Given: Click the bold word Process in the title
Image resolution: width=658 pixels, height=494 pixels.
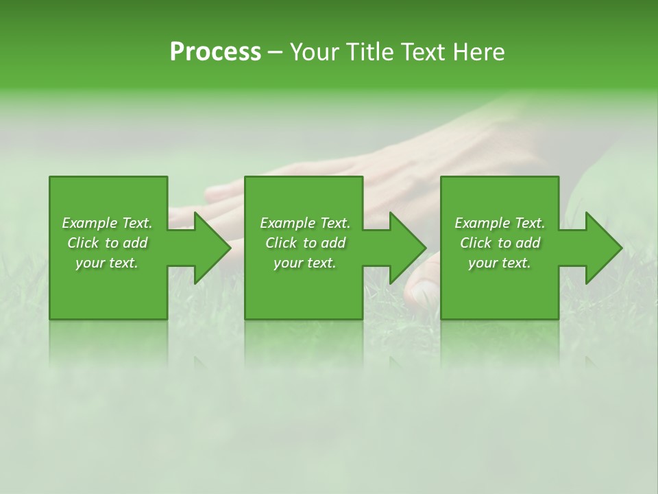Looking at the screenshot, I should coord(215,52).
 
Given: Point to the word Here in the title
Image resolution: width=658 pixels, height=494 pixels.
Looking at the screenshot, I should coord(480,52).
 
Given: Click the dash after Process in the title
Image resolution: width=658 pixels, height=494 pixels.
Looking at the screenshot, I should coord(275,54).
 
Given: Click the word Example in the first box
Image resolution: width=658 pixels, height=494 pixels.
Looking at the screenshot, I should coord(90,223).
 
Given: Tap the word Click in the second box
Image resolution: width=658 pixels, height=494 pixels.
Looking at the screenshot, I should coord(282,243).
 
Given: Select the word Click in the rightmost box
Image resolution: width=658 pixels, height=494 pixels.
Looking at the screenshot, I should coord(476,243).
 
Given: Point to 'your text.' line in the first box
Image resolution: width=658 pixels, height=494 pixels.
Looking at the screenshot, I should coord(107,263).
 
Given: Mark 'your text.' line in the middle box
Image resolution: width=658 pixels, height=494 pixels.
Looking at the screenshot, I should coord(305,263).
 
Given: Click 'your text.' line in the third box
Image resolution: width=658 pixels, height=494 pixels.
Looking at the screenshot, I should coord(500,263).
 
